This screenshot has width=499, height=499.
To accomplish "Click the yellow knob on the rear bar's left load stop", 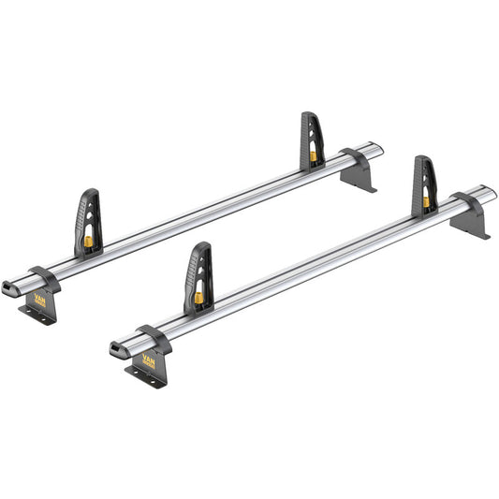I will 89,241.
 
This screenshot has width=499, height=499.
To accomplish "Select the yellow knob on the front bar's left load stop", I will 199,298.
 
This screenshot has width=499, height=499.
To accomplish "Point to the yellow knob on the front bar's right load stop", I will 426,201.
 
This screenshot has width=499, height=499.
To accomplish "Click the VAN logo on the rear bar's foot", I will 39,299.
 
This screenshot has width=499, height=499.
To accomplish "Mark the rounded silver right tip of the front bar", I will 491,194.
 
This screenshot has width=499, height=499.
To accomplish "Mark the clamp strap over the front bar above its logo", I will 153,334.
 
